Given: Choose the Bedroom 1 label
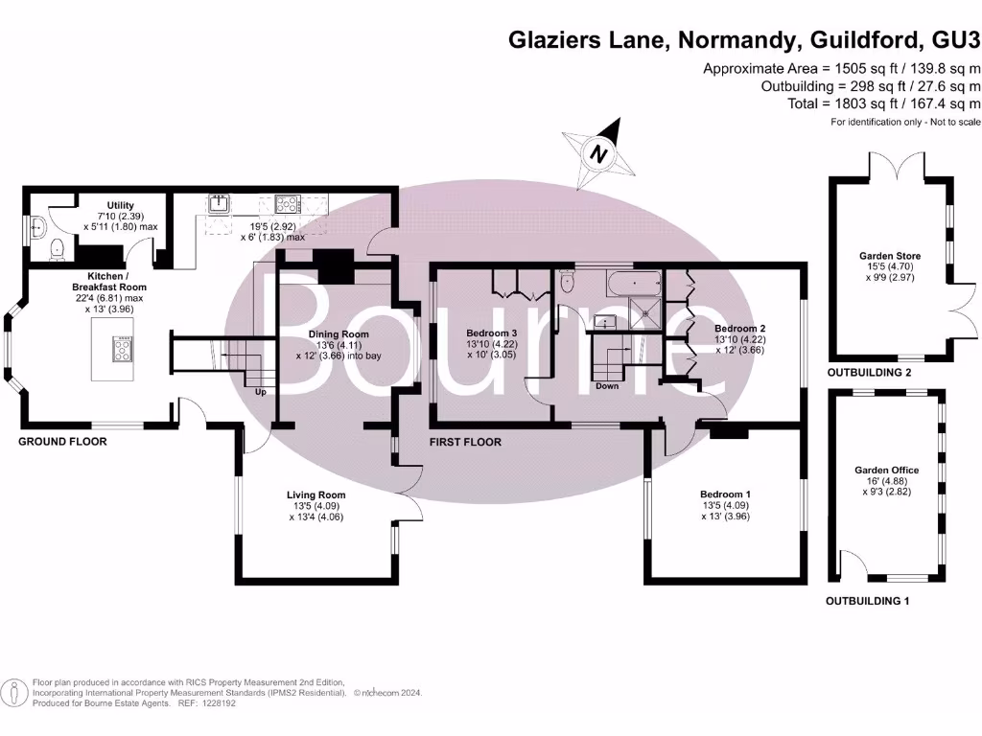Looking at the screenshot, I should click(x=724, y=494).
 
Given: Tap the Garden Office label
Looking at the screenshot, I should click(x=887, y=470).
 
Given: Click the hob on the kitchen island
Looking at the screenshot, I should click(x=124, y=350).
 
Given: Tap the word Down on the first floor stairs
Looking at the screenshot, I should click(x=607, y=386).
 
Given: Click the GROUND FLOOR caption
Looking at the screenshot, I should click(x=62, y=442).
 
